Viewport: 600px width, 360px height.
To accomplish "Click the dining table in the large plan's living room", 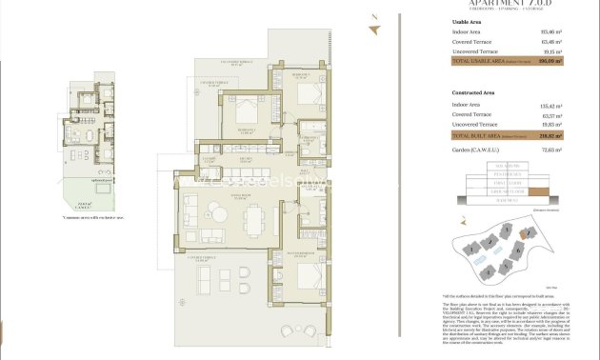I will coord(254,220).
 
